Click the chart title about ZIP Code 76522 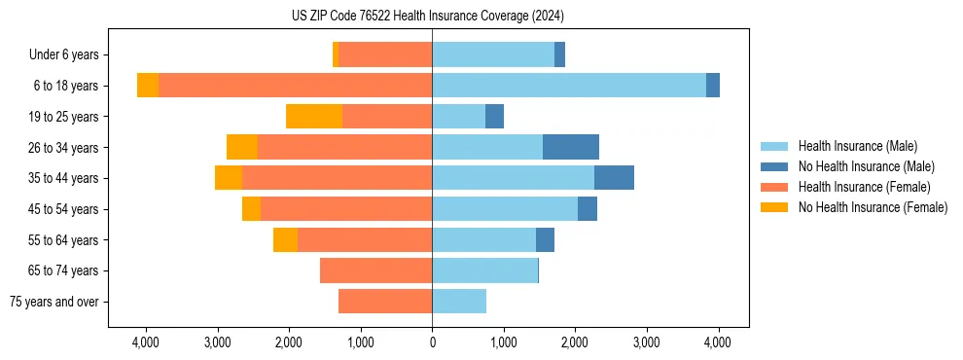pyautogui.click(x=427, y=16)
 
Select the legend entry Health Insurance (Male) pyautogui.click(x=857, y=146)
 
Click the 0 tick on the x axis pyautogui.click(x=432, y=342)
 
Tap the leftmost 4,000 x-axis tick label pyautogui.click(x=146, y=342)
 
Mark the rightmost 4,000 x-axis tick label pyautogui.click(x=718, y=342)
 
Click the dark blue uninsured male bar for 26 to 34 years pyautogui.click(x=570, y=147)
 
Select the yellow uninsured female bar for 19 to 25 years pyautogui.click(x=313, y=117)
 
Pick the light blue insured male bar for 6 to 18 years pyautogui.click(x=569, y=86)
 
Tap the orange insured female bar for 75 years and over pyautogui.click(x=385, y=302)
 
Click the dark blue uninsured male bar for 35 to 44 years pyautogui.click(x=614, y=178)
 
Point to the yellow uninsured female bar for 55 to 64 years pyautogui.click(x=285, y=239)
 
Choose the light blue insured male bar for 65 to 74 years pyautogui.click(x=484, y=270)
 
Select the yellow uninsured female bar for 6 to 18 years pyautogui.click(x=148, y=86)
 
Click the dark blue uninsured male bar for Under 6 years pyautogui.click(x=559, y=55)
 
